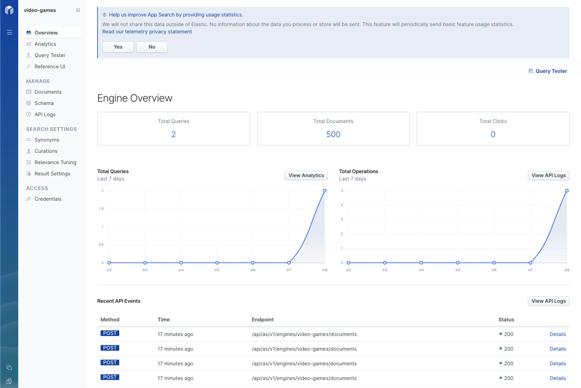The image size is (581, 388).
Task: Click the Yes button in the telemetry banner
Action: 118,47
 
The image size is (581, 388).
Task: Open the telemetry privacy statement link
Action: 147,32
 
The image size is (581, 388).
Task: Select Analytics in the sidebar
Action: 45,44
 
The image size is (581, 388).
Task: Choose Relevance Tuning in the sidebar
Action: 55,162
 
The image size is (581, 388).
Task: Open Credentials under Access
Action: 47,199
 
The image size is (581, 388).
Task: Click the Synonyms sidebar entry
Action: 46,140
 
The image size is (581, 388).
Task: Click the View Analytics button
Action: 306,175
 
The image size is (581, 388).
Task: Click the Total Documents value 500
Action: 333,134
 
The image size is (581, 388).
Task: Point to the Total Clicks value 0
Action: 493,134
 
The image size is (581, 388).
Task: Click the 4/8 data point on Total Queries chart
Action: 325,191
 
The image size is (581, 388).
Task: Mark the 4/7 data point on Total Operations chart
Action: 530,263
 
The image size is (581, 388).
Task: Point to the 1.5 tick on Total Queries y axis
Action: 101,209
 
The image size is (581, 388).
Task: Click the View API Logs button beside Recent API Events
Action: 548,301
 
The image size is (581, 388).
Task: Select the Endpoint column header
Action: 263,320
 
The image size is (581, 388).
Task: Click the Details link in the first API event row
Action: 557,334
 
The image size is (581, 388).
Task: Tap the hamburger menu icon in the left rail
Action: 9,32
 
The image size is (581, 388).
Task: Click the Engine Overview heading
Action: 134,98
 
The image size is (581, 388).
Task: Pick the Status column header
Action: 506,320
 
